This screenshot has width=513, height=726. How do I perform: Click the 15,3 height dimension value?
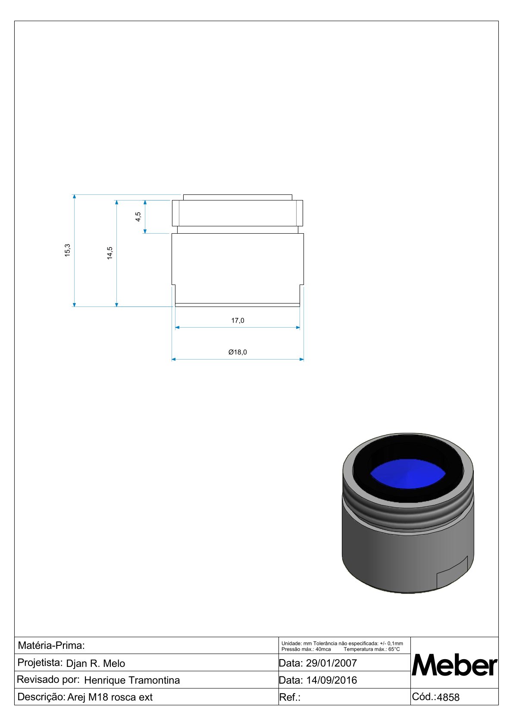click(67, 250)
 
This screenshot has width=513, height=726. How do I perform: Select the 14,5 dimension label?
click(110, 253)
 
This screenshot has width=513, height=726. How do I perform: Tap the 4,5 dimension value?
click(138, 216)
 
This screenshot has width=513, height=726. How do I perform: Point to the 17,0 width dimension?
click(238, 321)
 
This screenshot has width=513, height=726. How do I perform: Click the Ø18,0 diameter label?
click(238, 352)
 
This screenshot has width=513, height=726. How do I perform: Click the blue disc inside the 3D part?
click(408, 473)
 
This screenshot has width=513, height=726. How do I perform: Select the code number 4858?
click(448, 698)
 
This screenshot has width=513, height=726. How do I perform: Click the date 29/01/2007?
click(331, 663)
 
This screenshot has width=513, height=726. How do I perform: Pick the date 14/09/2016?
click(331, 680)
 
